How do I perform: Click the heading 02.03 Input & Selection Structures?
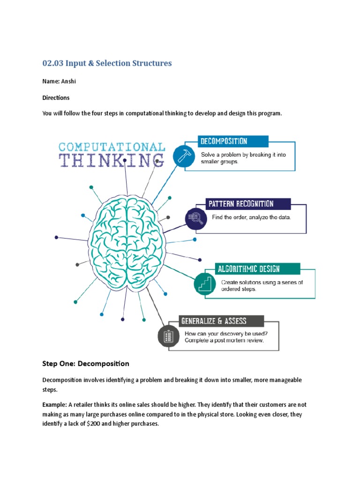pos(107,63)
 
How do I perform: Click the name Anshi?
pos(68,81)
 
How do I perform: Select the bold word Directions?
pos(56,97)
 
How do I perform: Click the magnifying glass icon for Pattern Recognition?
pos(194,217)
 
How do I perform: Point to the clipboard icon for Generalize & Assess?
pos(167,336)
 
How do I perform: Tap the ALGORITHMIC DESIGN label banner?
pos(248,269)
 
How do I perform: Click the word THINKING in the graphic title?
pos(112,160)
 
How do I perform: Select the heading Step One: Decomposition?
pos(85,363)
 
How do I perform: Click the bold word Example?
pos(55,404)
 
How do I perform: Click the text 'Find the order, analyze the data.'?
pos(251,217)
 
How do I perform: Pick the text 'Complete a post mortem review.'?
pos(224,340)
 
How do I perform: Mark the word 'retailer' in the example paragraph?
pos(86,404)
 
